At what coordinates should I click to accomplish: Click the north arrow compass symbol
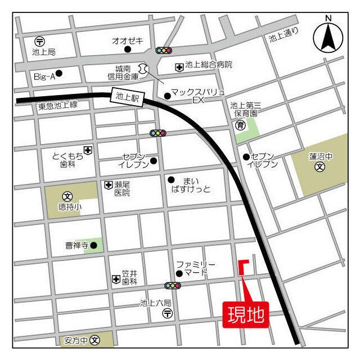[327, 37]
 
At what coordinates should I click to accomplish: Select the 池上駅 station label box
[127, 96]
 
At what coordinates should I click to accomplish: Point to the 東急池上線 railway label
[57, 106]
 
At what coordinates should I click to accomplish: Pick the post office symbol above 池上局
[39, 41]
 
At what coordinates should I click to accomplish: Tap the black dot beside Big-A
[58, 74]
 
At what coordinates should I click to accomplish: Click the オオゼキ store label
[127, 40]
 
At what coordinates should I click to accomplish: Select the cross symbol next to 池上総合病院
[179, 66]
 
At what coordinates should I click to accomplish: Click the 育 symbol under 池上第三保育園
[240, 125]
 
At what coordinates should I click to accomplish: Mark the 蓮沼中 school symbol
[320, 166]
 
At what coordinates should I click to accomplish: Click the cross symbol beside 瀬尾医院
[108, 184]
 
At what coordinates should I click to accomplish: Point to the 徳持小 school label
[70, 206]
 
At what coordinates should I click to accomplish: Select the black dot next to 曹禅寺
[93, 245]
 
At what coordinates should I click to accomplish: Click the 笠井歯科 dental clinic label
[129, 277]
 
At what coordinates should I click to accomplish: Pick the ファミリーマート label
[195, 268]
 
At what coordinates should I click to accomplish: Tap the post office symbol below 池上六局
[167, 314]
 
